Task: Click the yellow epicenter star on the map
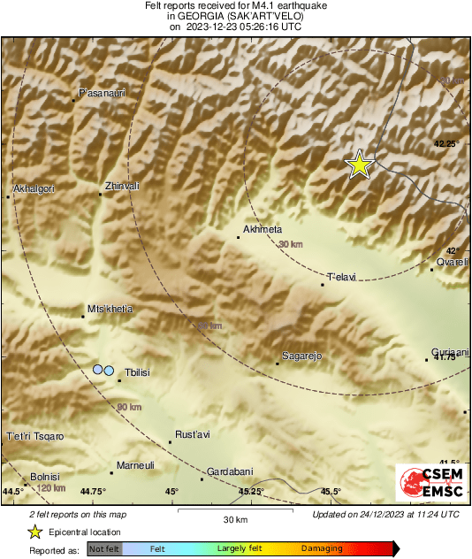coord(359,165)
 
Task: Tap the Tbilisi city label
coord(138,373)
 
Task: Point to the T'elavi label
coord(341,277)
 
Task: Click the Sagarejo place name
coord(300,356)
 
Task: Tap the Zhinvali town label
coord(122,186)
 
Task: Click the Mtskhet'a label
coord(110,309)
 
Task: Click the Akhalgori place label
coord(34,188)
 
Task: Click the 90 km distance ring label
coord(129,408)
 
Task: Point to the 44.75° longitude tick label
coord(93,492)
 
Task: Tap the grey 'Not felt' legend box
coord(105,548)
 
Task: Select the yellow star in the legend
coord(34,532)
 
